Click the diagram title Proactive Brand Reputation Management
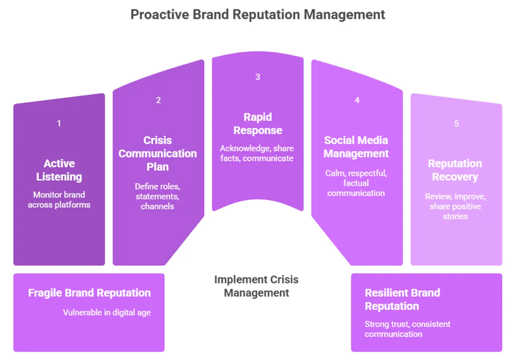tap(258, 14)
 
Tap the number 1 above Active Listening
tap(59, 123)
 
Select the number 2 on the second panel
tap(158, 100)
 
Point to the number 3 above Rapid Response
tap(258, 77)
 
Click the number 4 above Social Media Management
tap(357, 100)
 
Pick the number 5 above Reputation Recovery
tap(457, 123)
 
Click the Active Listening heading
tap(59, 170)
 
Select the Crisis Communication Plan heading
tap(158, 154)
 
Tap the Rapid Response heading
tap(258, 124)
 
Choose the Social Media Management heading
tap(356, 147)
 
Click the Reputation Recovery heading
tap(455, 170)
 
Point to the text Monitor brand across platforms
tap(59, 199)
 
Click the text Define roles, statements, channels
tap(157, 196)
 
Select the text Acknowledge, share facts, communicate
tap(257, 153)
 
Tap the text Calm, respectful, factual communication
tap(356, 183)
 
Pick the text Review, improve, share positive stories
tap(455, 206)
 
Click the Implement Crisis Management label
tap(256, 286)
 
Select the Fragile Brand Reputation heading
tap(89, 293)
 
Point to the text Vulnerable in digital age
tap(107, 312)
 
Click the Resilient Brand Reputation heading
tap(402, 299)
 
